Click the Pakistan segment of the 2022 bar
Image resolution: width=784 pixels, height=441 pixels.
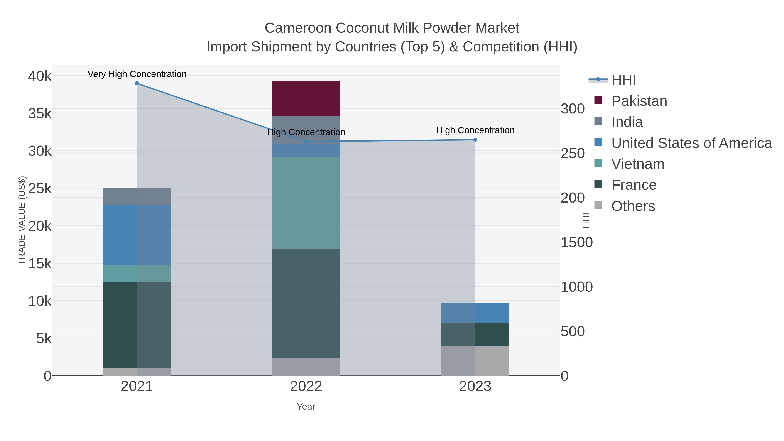[306, 98]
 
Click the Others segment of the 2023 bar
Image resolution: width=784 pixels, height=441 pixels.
[475, 361]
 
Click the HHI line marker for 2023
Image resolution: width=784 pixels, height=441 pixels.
[475, 140]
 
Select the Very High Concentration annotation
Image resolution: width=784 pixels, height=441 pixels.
[137, 74]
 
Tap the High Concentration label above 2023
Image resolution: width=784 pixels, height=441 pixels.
[475, 130]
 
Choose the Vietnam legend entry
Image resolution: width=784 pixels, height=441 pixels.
[638, 164]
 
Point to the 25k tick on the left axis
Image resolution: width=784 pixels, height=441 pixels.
[40, 189]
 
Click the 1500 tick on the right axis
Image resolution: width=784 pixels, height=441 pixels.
[576, 243]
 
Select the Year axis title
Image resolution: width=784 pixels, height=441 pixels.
[306, 407]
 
